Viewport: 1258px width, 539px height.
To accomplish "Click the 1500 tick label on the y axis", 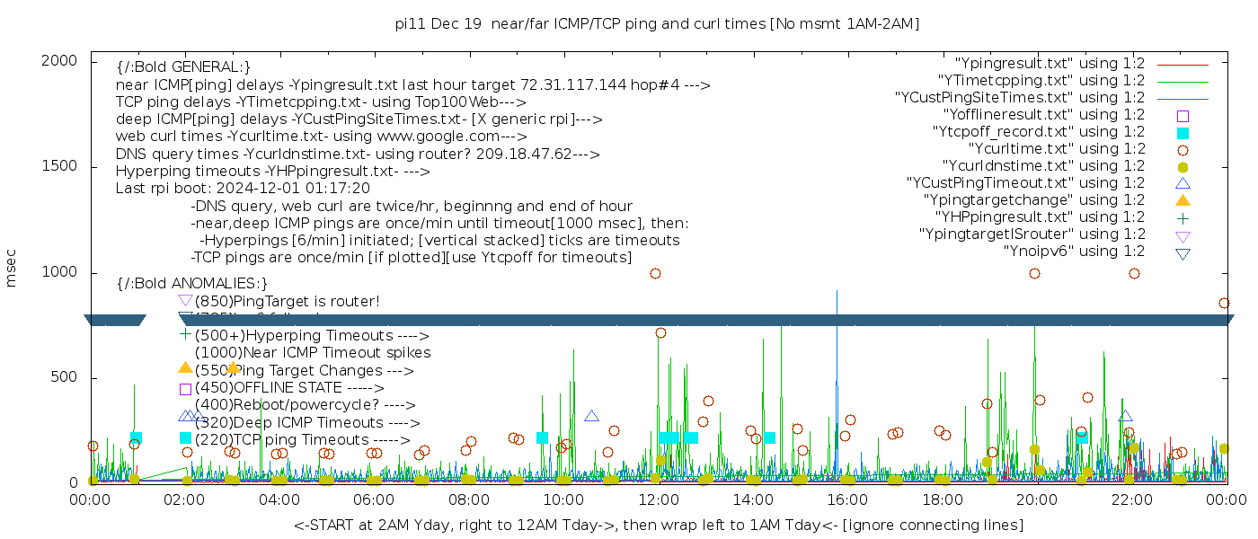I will pyautogui.click(x=58, y=166).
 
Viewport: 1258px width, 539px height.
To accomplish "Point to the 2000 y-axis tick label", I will pyautogui.click(x=58, y=60).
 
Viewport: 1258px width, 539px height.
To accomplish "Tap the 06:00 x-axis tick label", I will pyautogui.click(x=375, y=499).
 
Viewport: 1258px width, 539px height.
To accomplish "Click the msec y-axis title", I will pyautogui.click(x=12, y=269).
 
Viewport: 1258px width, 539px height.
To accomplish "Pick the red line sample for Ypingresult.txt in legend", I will pyautogui.click(x=1183, y=65).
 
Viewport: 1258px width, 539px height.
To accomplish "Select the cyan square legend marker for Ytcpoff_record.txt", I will pyautogui.click(x=1183, y=133).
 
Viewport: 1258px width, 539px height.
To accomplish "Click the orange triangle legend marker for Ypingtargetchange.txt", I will pyautogui.click(x=1183, y=200).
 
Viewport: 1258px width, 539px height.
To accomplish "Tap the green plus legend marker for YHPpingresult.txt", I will pyautogui.click(x=1183, y=217).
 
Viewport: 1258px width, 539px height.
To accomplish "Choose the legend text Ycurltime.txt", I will pyautogui.click(x=1056, y=149).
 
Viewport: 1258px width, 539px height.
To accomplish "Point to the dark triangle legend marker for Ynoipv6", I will pyautogui.click(x=1183, y=253).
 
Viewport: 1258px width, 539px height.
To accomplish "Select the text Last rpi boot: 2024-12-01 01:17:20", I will pyautogui.click(x=243, y=189).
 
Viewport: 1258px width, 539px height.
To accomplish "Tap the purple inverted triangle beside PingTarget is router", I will pyautogui.click(x=185, y=300).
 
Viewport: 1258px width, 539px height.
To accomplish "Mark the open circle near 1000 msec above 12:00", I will pyautogui.click(x=655, y=274).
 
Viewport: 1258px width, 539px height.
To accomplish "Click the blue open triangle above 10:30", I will pyautogui.click(x=591, y=416).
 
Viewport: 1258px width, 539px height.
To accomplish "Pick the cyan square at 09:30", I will pyautogui.click(x=542, y=438).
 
